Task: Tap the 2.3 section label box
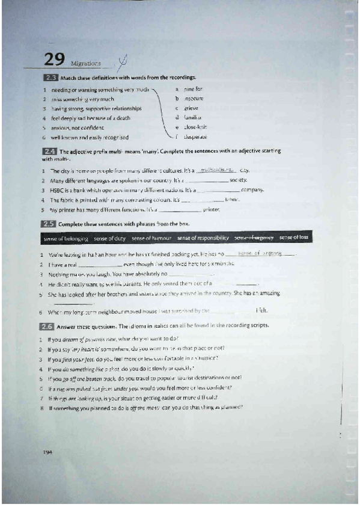50,78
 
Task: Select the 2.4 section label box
50,152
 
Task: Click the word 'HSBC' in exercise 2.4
57,189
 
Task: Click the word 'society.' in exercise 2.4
239,180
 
